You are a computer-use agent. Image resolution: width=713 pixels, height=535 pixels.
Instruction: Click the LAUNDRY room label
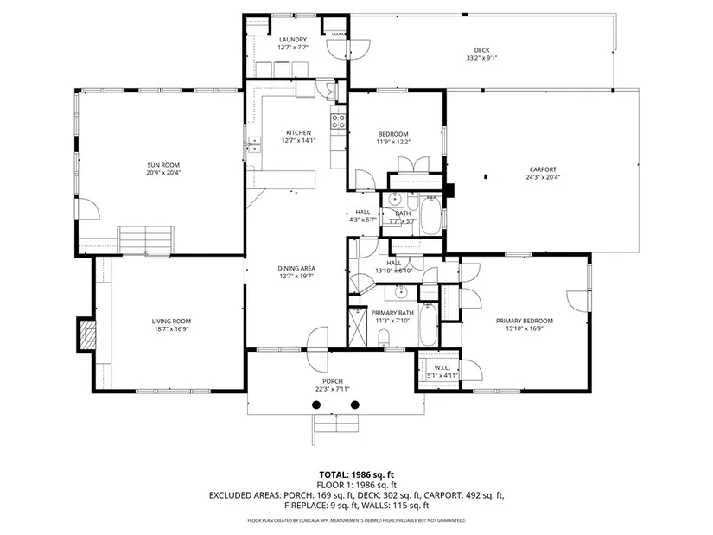(x=293, y=40)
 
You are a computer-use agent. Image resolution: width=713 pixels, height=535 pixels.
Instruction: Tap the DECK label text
(x=482, y=50)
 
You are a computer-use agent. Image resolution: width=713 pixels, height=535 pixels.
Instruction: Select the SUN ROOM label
(x=163, y=165)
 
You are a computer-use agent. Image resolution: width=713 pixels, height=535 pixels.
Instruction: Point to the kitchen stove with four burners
(x=338, y=122)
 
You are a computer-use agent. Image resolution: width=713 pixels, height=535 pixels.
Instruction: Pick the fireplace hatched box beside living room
(x=87, y=334)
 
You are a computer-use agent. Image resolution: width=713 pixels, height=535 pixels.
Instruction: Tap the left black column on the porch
(x=316, y=404)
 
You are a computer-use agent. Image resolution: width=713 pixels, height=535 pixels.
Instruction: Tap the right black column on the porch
(x=355, y=404)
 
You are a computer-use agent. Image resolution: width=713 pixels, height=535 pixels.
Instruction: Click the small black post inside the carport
(x=486, y=176)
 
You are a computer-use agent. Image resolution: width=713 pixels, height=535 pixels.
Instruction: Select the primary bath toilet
(x=385, y=337)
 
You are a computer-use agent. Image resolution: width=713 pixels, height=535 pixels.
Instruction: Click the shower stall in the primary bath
(x=358, y=327)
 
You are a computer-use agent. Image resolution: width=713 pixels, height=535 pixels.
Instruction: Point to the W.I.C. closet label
(x=442, y=367)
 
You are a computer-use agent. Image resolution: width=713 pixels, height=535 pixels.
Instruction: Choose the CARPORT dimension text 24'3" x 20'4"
(x=543, y=177)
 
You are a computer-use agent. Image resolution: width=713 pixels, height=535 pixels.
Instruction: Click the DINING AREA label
(x=296, y=269)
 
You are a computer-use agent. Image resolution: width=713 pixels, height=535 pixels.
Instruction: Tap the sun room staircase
(x=145, y=239)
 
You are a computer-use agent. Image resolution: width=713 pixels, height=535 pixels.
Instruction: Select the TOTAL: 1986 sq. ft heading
(x=356, y=476)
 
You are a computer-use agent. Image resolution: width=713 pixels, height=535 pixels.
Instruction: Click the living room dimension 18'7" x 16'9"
(x=171, y=329)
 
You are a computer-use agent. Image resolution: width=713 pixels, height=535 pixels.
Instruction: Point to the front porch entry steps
(x=335, y=424)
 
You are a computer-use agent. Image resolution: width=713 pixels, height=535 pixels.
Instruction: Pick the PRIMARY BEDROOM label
(x=525, y=321)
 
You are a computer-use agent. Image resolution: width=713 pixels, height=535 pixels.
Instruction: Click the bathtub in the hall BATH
(x=430, y=214)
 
